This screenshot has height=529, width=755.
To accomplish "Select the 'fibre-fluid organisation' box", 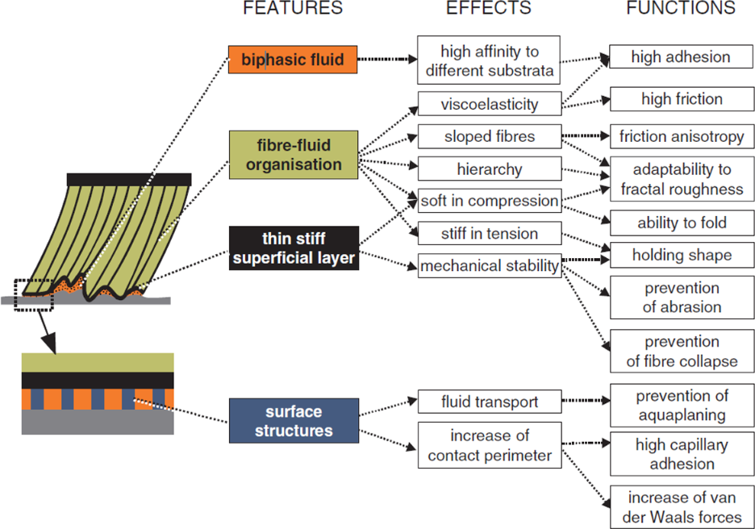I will pyautogui.click(x=294, y=154).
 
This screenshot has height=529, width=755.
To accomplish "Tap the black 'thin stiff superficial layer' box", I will pyautogui.click(x=294, y=248).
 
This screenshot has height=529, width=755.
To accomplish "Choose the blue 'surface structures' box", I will pyautogui.click(x=294, y=420).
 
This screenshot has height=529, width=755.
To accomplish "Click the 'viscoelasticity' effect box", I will pyautogui.click(x=489, y=104).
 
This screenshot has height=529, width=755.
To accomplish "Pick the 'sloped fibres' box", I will pyautogui.click(x=489, y=136).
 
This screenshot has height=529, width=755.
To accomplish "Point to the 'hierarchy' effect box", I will pyautogui.click(x=489, y=169).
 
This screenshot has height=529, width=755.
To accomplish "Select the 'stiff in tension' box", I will pyautogui.click(x=489, y=234).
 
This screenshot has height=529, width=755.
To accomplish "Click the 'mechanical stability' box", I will pyautogui.click(x=489, y=266).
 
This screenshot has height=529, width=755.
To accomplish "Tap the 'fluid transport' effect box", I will pyautogui.click(x=489, y=401).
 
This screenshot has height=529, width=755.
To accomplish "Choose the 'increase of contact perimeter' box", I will pyautogui.click(x=489, y=445).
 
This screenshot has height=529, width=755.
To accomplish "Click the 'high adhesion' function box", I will pyautogui.click(x=681, y=56).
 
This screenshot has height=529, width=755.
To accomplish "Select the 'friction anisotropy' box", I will pyautogui.click(x=682, y=136).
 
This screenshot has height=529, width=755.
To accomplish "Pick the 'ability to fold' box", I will pyautogui.click(x=682, y=223).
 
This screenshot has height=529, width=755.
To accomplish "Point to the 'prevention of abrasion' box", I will pyautogui.click(x=682, y=297).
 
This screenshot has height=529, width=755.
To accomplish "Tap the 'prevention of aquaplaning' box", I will pyautogui.click(x=682, y=406).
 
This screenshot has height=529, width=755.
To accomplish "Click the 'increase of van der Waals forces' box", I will pyautogui.click(x=682, y=506).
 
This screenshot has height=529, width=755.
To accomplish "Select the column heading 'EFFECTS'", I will pyautogui.click(x=489, y=9).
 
